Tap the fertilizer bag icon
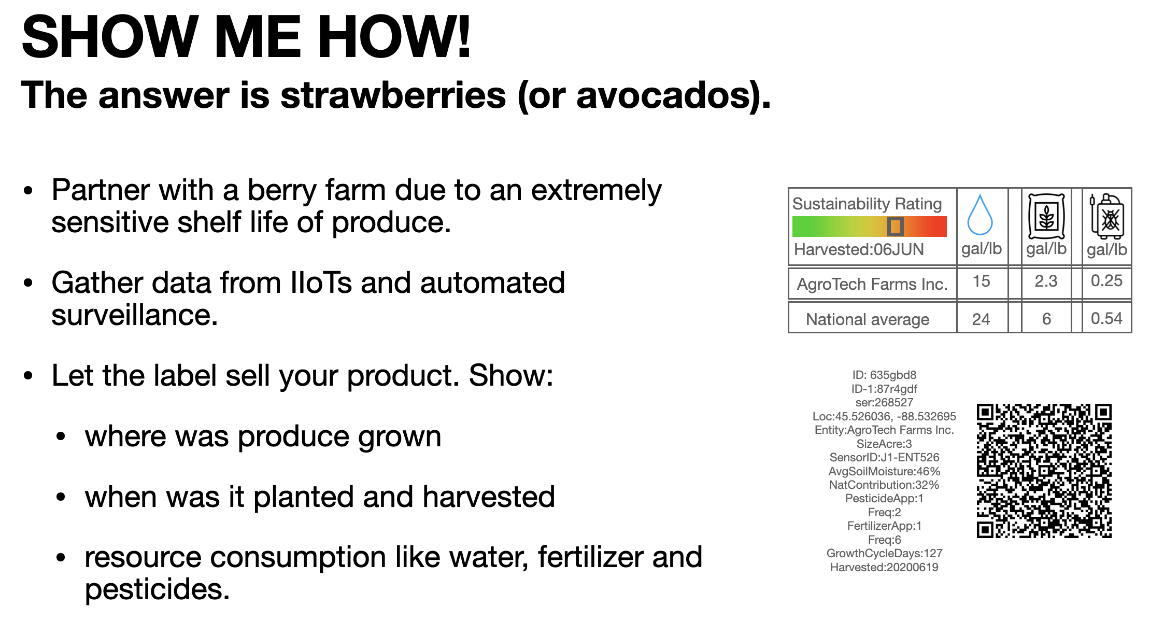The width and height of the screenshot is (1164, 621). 1046,216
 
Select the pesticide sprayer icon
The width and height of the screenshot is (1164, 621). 1107,216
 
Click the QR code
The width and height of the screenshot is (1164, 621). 1044,471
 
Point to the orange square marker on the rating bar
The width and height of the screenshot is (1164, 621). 895,227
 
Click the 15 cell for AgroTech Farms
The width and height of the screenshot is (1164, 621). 982,281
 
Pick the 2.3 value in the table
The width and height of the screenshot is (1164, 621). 1046,281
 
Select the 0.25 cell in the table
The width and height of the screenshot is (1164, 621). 1106,281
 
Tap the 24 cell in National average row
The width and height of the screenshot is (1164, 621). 981,319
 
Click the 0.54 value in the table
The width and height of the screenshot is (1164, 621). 1106,318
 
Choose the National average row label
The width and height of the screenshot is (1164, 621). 868,319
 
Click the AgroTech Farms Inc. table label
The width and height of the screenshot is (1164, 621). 872,284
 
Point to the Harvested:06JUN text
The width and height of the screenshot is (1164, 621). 859,249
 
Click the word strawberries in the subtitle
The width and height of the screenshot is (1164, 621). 393,96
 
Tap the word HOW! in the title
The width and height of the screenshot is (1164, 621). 394,37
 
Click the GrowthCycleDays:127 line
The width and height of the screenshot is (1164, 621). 884,554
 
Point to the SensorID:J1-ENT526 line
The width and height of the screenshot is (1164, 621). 884,458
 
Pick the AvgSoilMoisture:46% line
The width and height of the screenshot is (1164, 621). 884,472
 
